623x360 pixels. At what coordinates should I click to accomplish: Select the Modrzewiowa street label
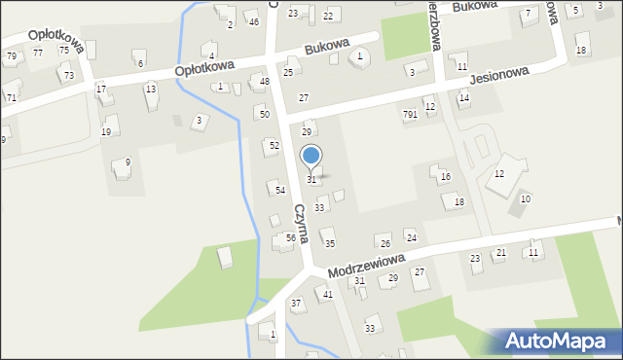point(366,263)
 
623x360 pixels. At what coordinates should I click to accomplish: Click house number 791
point(410,114)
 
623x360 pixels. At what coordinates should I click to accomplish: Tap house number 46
point(253,21)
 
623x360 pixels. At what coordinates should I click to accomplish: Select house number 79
point(11,56)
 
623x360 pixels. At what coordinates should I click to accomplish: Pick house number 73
point(68,75)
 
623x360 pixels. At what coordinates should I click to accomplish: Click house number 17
point(101,89)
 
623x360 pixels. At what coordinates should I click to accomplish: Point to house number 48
point(265,82)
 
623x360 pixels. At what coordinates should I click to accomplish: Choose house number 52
point(275,145)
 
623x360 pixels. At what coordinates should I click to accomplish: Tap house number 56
point(290,237)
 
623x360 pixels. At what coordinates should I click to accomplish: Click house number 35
point(330,243)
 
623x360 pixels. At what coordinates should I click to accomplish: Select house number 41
point(328,294)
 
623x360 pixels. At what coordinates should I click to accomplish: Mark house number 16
point(445,177)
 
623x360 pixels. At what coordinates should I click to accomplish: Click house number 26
point(385,243)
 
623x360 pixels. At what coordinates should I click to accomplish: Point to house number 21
point(500,253)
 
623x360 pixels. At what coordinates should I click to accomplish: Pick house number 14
point(464,98)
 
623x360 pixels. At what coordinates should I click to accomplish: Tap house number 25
point(288,72)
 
